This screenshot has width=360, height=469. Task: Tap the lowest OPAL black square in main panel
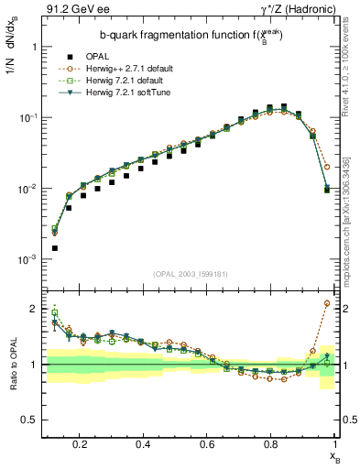point(55,247)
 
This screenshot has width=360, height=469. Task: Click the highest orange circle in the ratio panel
point(327,303)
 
